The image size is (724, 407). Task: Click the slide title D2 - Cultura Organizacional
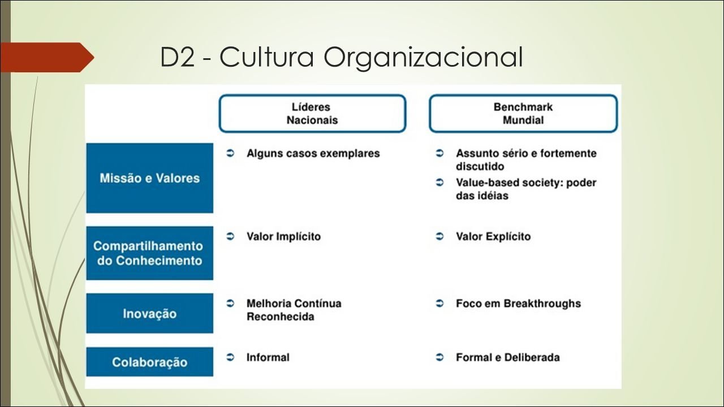(342, 57)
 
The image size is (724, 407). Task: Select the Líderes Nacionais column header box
(312, 114)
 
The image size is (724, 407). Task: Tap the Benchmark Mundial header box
(523, 114)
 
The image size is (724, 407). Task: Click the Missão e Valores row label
(150, 178)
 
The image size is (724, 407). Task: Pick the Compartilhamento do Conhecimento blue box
(150, 253)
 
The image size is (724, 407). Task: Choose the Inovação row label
(150, 313)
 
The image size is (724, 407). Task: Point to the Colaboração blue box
(150, 362)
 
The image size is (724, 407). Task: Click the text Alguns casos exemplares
(313, 153)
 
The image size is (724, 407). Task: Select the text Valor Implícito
(283, 236)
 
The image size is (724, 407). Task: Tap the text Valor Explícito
(493, 236)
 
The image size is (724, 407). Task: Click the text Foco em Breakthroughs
(519, 304)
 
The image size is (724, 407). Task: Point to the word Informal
(268, 357)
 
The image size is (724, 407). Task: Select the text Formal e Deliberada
(508, 357)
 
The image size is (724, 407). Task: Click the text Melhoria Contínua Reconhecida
(294, 310)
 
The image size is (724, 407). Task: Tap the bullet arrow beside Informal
(230, 357)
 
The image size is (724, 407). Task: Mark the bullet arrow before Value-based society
(439, 183)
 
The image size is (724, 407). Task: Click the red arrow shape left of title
(47, 57)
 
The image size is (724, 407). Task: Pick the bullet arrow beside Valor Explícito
(439, 236)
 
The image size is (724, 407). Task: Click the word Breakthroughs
(542, 304)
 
